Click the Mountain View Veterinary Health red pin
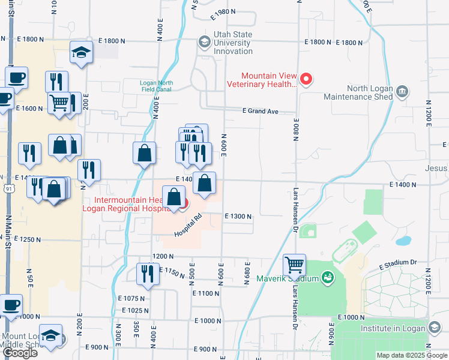[x=306, y=79]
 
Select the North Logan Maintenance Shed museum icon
[x=402, y=92]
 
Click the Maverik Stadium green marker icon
[x=327, y=278]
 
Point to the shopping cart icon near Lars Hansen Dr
[x=294, y=264]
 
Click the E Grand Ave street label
[x=261, y=111]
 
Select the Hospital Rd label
[x=190, y=226]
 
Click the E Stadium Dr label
[x=397, y=263]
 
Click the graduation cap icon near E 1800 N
[x=80, y=52]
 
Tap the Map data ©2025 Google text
[x=412, y=355]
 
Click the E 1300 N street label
[x=238, y=216]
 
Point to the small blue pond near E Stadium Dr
[x=403, y=241]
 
